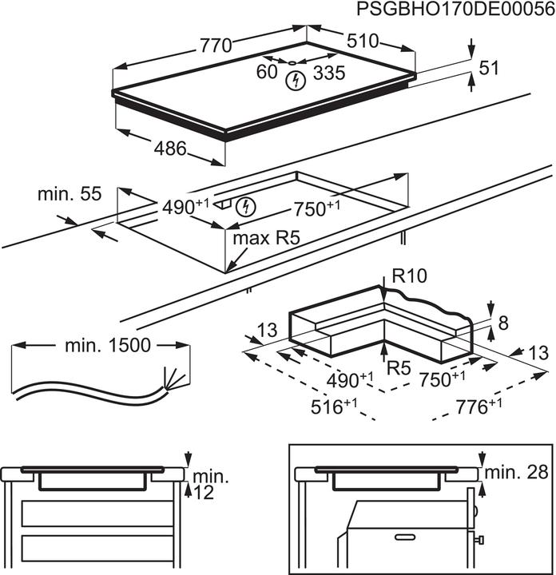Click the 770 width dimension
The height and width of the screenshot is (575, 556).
216,46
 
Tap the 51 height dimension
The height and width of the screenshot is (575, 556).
488,69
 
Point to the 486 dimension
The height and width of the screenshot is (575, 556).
170,148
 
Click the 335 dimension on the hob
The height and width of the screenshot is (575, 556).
329,74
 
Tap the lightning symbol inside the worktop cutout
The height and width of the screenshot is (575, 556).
248,207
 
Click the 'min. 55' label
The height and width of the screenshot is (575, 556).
70,194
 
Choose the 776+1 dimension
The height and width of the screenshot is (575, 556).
478,407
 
